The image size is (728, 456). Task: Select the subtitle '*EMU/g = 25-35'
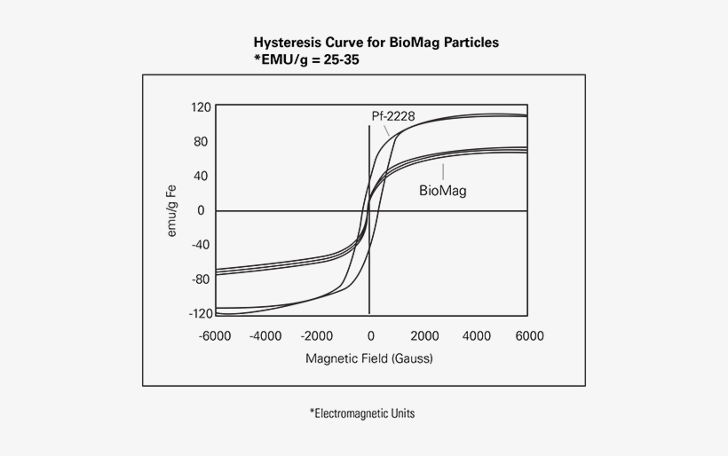click(306, 59)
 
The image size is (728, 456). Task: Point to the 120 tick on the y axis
click(201, 107)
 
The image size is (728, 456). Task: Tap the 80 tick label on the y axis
click(200, 142)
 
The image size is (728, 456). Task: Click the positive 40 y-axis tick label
click(200, 176)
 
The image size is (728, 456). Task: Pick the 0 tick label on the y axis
click(202, 210)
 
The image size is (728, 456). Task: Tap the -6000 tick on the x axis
click(215, 336)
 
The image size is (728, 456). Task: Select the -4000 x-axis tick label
click(266, 336)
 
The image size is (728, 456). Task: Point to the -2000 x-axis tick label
click(319, 336)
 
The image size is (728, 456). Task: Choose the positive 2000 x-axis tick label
click(424, 336)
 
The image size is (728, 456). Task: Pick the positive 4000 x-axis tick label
click(477, 336)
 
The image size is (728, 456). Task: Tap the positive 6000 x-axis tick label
click(529, 336)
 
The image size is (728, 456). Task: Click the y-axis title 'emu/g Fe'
click(173, 211)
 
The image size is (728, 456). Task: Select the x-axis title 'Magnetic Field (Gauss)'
click(369, 359)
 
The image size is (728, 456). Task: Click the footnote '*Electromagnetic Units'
click(363, 413)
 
